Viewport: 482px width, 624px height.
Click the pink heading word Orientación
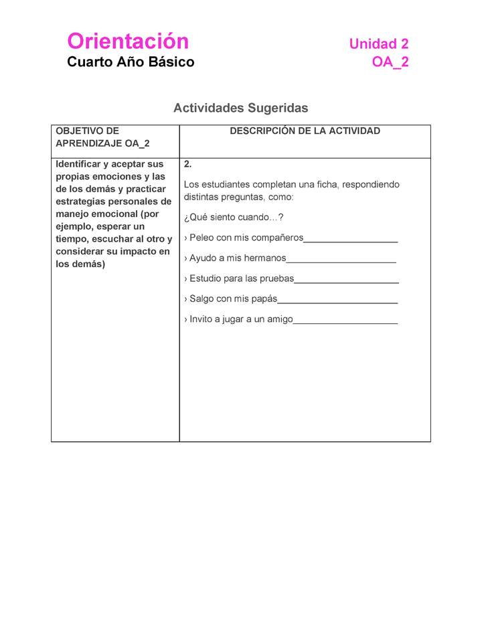[x=128, y=42]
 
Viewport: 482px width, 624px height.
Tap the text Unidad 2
[x=378, y=44]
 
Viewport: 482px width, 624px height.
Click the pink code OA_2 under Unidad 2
[x=390, y=62]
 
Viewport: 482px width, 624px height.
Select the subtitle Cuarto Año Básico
[x=131, y=62]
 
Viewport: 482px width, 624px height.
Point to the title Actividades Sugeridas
[x=240, y=108]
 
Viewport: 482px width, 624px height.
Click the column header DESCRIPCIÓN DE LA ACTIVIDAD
[x=305, y=131]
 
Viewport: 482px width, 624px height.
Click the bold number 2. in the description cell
[x=188, y=164]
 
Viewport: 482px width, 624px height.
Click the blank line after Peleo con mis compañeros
[x=350, y=239]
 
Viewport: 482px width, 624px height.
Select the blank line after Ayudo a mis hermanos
[x=341, y=259]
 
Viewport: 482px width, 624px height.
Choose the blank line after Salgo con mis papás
[x=337, y=300]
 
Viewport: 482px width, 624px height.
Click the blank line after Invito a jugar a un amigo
[x=345, y=320]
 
